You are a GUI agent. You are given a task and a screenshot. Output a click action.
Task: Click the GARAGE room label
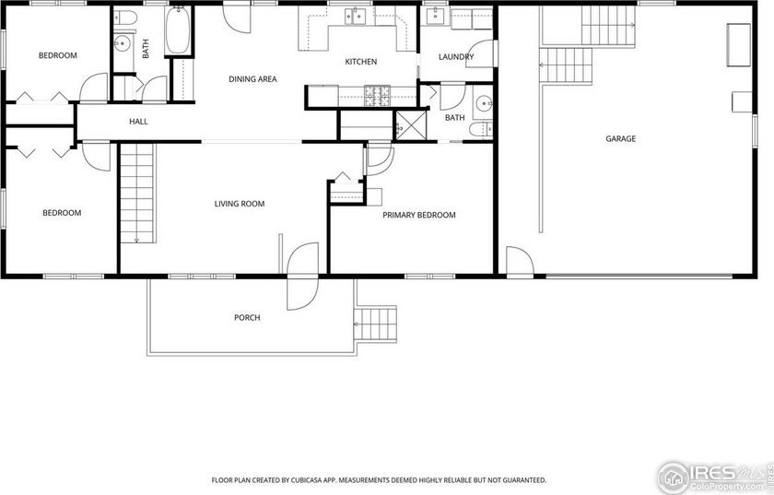(x=620, y=139)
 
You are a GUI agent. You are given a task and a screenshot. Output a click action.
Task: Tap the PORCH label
(x=247, y=318)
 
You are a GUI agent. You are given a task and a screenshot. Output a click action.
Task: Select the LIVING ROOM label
(x=240, y=204)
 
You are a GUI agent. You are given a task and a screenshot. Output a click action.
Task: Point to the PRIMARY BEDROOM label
(x=419, y=215)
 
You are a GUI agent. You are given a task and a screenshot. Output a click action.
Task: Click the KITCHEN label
(x=360, y=62)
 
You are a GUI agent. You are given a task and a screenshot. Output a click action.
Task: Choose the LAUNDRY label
(x=456, y=57)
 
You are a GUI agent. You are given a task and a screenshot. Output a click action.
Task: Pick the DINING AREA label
(x=252, y=79)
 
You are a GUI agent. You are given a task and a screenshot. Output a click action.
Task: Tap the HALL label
(x=138, y=121)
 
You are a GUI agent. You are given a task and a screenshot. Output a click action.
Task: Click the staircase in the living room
(x=135, y=193)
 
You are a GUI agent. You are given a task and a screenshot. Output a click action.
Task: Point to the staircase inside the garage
(x=573, y=65)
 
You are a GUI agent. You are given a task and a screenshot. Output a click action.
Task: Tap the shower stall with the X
(x=406, y=124)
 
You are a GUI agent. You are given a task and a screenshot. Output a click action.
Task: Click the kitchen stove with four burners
(x=378, y=93)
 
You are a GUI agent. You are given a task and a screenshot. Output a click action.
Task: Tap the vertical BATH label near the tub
(x=147, y=49)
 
